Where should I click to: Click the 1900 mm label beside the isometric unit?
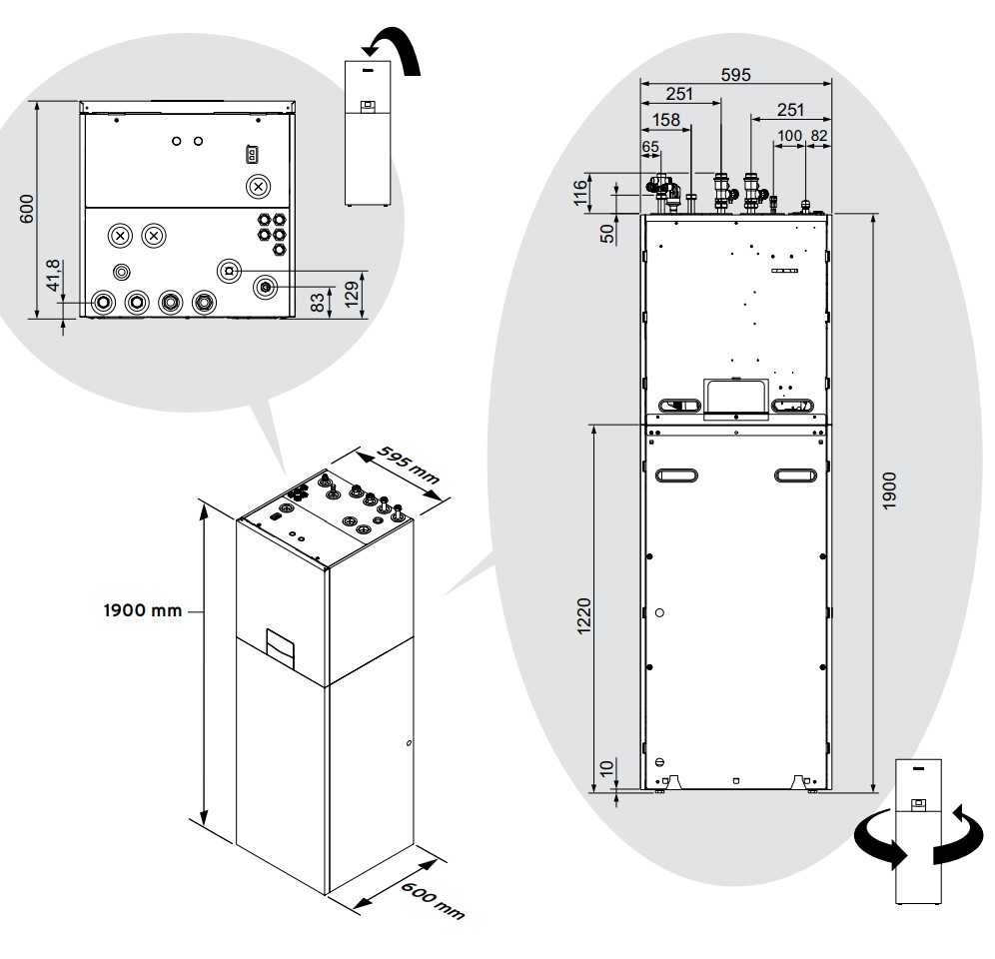[143, 610]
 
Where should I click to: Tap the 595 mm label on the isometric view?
[408, 465]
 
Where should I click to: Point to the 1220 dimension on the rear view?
[583, 615]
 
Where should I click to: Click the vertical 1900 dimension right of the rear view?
[889, 489]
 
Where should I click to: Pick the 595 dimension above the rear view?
[735, 75]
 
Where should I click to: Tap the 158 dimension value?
[665, 119]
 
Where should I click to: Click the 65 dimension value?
[650, 147]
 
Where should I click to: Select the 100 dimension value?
[789, 136]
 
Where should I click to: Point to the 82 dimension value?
[819, 136]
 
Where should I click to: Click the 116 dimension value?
[580, 193]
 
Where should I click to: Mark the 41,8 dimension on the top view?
[53, 276]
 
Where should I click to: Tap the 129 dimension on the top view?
[351, 294]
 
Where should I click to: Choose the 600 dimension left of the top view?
[27, 209]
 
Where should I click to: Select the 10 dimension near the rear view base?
[606, 767]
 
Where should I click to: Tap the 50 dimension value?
[607, 234]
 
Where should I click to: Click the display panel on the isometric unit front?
[280, 648]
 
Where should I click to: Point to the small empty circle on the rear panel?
[659, 612]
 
